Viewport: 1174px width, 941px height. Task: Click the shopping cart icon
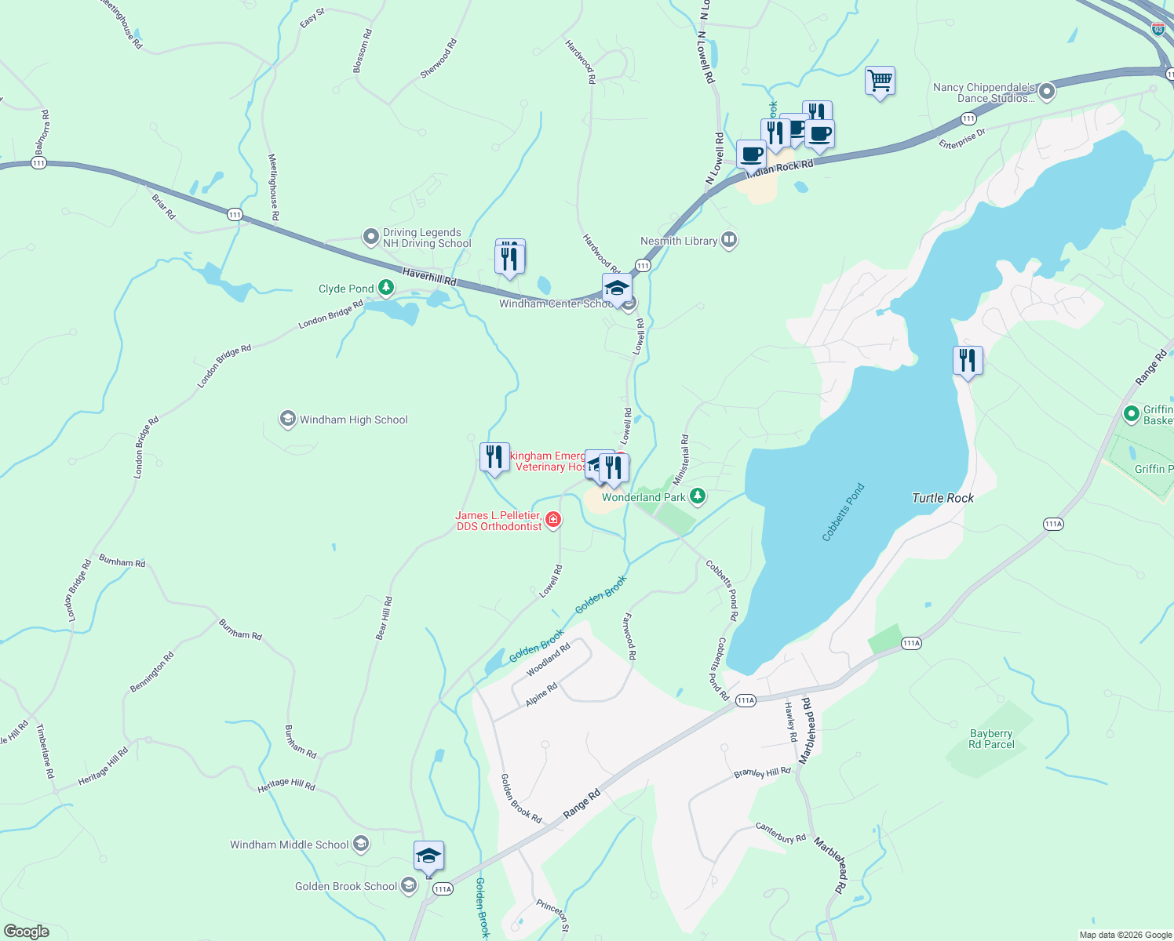pyautogui.click(x=880, y=80)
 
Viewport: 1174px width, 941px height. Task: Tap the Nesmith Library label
pyautogui.click(x=679, y=241)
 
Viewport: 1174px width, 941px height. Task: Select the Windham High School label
pyautogui.click(x=353, y=420)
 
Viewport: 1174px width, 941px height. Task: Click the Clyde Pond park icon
pyautogui.click(x=385, y=288)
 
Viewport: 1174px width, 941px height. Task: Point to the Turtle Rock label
pyautogui.click(x=942, y=498)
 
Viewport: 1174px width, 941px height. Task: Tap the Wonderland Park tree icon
pyautogui.click(x=697, y=496)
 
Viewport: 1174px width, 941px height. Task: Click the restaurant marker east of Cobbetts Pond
pyautogui.click(x=968, y=361)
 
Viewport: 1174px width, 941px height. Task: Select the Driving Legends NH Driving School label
pyautogui.click(x=427, y=238)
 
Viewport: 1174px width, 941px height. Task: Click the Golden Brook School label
pyautogui.click(x=346, y=886)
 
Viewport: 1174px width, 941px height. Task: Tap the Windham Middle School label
pyautogui.click(x=289, y=845)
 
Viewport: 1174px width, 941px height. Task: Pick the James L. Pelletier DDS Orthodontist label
pyautogui.click(x=498, y=521)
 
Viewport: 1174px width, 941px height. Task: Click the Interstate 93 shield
pyautogui.click(x=1158, y=29)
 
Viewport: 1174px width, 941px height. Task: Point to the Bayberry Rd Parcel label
pyautogui.click(x=991, y=739)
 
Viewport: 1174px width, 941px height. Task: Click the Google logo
pyautogui.click(x=26, y=932)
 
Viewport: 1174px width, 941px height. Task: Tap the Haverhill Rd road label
pyautogui.click(x=429, y=276)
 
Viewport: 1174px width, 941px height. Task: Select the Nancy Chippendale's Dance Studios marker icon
pyautogui.click(x=1046, y=92)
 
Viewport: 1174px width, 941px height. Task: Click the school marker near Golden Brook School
pyautogui.click(x=428, y=856)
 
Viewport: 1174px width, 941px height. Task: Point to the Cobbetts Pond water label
pyautogui.click(x=843, y=512)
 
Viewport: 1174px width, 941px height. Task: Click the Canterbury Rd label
pyautogui.click(x=781, y=832)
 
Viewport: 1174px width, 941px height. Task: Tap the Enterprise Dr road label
pyautogui.click(x=962, y=139)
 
